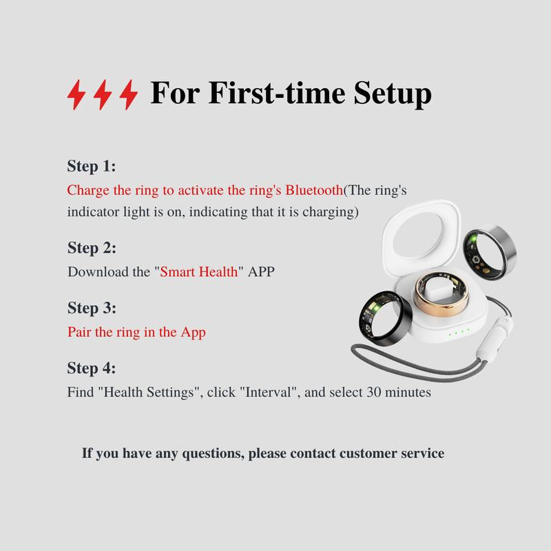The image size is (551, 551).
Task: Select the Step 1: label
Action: [x=92, y=166]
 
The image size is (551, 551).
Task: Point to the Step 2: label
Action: [x=92, y=247]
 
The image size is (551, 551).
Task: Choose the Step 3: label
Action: [x=92, y=307]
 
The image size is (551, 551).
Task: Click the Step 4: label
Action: [x=92, y=368]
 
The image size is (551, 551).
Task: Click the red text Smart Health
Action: [x=199, y=271]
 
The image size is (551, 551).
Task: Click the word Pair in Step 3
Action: [x=80, y=332]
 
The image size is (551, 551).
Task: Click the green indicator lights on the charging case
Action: [x=459, y=334]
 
